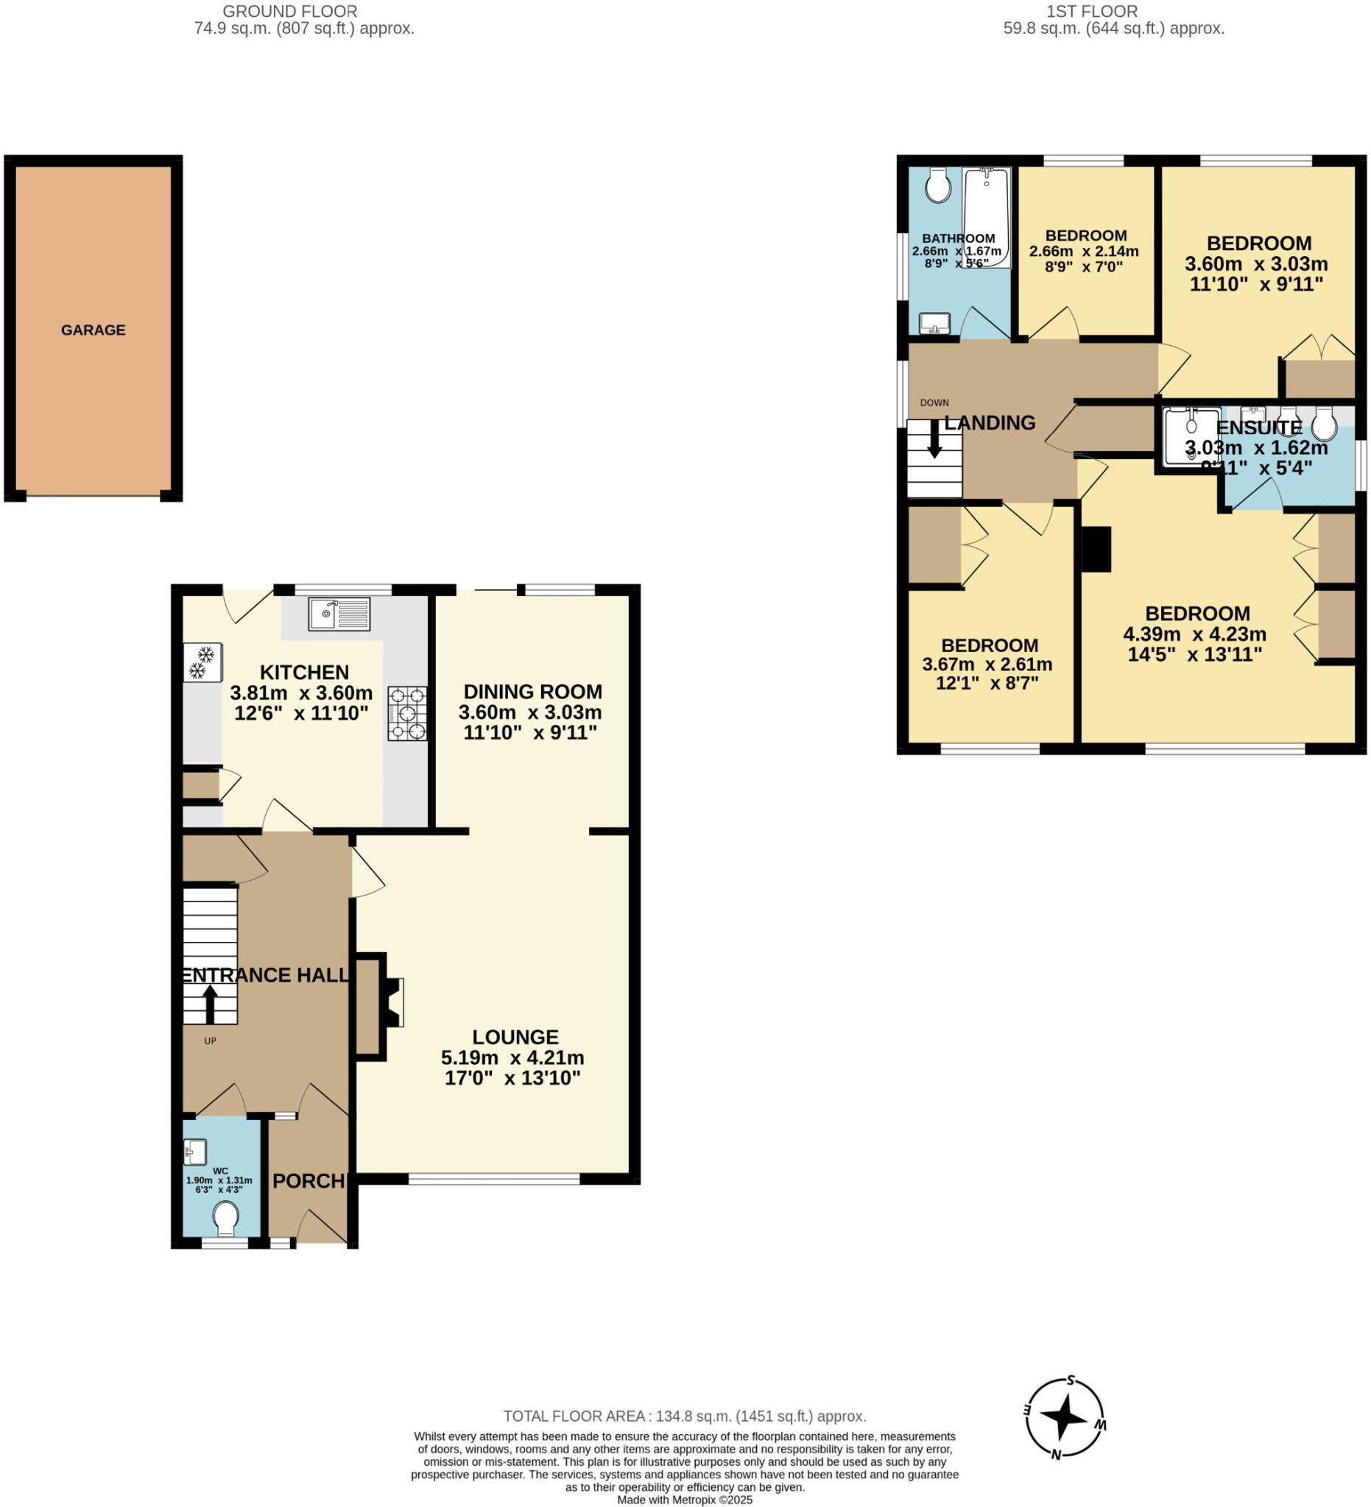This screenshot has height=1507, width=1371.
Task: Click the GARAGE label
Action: [93, 330]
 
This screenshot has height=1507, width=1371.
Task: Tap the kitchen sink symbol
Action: [338, 614]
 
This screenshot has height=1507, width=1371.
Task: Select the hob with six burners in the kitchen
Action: [407, 713]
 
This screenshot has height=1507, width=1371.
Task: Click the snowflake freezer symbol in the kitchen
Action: [202, 662]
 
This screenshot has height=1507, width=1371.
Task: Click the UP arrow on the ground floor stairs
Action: [210, 1004]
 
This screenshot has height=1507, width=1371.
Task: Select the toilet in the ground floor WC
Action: [225, 1219]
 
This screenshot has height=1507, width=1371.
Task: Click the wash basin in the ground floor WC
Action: [194, 1151]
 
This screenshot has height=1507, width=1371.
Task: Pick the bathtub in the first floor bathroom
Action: [986, 217]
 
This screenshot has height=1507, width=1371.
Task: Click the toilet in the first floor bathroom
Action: [937, 184]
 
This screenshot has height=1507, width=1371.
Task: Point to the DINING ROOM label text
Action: [532, 692]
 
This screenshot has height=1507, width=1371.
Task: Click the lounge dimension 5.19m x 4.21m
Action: [512, 1057]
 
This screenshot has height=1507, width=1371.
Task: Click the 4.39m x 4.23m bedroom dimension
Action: [1194, 634]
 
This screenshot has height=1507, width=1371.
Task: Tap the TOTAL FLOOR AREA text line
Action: [683, 1416]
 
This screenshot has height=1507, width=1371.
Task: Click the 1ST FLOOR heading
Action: [1091, 11]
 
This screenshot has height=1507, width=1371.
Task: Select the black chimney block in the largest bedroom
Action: [1096, 549]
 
